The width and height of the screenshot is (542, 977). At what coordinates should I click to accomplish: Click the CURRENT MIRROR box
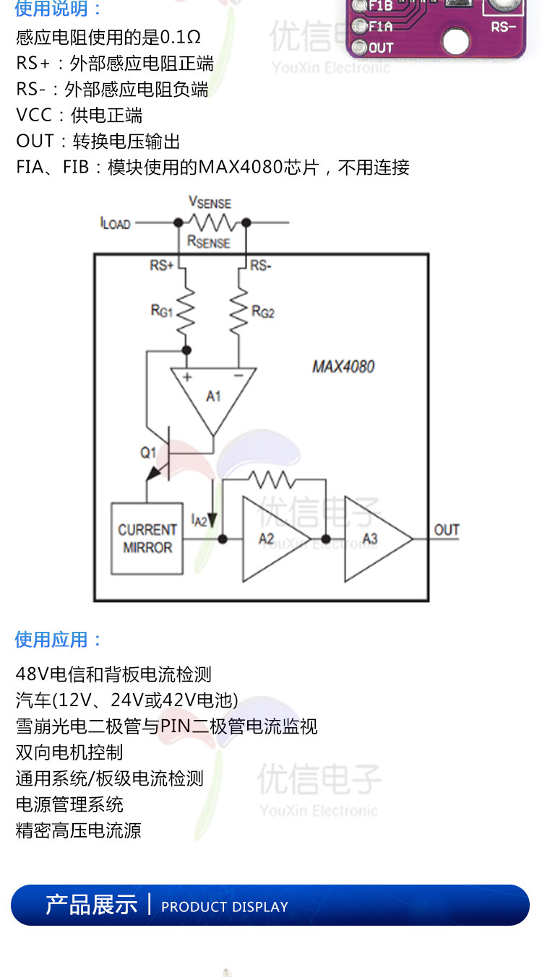click(x=147, y=539)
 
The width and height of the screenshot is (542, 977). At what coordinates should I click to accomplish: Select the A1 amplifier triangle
click(x=213, y=394)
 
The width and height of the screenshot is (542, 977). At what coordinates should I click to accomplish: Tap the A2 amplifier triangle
click(x=272, y=539)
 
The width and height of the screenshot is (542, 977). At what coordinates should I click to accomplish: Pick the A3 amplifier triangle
click(x=374, y=539)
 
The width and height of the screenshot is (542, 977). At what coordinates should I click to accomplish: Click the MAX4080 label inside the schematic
click(x=343, y=366)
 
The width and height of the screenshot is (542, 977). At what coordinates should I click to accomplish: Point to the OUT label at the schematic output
click(x=447, y=530)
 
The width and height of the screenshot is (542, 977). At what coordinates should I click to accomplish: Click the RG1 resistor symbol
click(x=186, y=310)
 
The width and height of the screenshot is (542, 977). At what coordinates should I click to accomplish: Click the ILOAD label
click(x=115, y=223)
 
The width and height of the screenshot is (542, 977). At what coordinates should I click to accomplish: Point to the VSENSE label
click(x=210, y=203)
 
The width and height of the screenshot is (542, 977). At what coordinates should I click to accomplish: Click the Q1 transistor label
click(x=148, y=452)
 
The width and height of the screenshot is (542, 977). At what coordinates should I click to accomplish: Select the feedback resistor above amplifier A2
click(x=271, y=479)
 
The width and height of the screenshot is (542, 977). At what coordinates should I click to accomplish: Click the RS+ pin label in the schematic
click(x=162, y=266)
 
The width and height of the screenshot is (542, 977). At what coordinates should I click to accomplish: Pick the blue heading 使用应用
click(x=59, y=639)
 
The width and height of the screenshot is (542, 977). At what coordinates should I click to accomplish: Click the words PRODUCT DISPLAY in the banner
click(x=225, y=907)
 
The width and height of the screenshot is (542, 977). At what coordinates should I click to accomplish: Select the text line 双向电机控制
click(x=69, y=752)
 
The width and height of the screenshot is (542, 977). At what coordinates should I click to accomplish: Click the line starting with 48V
click(x=113, y=674)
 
